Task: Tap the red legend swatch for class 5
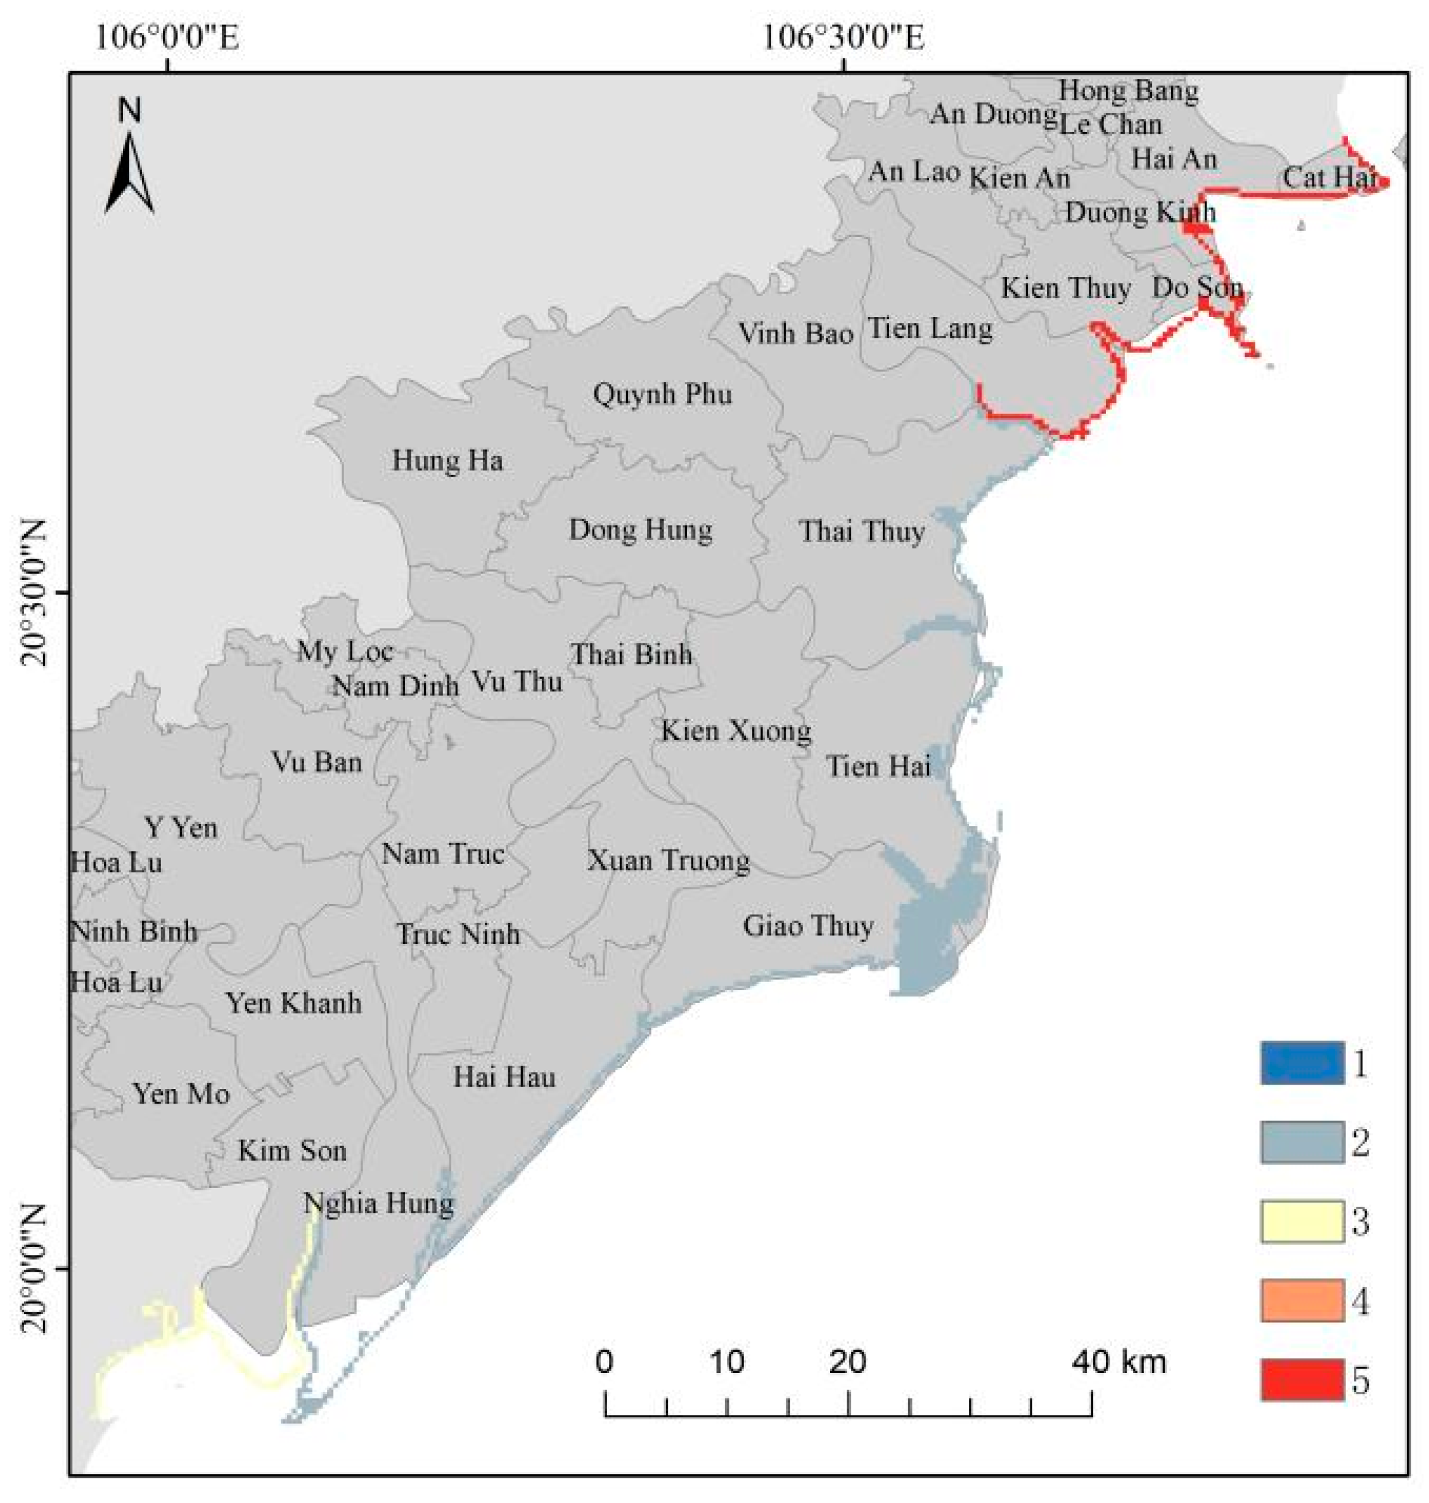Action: coord(1302,1379)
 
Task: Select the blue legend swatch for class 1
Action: coord(1302,1062)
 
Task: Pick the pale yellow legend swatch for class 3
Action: coord(1302,1221)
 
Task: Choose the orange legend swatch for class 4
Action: coord(1302,1300)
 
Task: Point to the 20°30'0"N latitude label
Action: coord(35,593)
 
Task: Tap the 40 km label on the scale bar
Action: coord(1119,1361)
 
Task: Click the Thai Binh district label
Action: coord(631,654)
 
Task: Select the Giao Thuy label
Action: coord(808,926)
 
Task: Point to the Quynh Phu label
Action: coord(662,394)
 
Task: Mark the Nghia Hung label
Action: coord(378,1204)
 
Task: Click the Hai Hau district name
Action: coord(504,1077)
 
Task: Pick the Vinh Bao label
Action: coord(795,333)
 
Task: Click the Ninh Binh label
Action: coord(134,932)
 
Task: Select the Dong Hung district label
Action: coord(641,530)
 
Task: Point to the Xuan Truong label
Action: coord(668,861)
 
